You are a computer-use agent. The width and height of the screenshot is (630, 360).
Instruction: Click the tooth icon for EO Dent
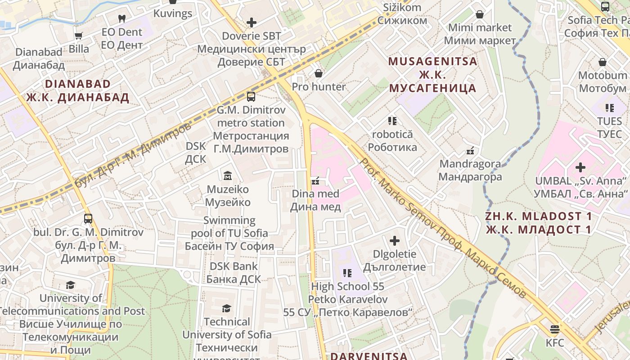tap(121, 18)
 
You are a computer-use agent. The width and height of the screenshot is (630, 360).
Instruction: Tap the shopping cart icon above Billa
tap(79, 36)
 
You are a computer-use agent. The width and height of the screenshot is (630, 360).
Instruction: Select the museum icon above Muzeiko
tap(228, 175)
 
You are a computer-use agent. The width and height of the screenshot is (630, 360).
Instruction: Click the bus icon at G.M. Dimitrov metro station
tap(251, 96)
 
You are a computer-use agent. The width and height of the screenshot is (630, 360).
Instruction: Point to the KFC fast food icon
tap(555, 329)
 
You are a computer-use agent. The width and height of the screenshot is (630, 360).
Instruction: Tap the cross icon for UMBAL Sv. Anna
tap(580, 167)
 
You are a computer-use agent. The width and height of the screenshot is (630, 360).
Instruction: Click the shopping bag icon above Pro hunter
tap(319, 73)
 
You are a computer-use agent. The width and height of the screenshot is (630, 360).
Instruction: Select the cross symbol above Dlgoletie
tap(395, 240)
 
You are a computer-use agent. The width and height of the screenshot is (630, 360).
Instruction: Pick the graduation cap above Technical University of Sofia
tap(227, 308)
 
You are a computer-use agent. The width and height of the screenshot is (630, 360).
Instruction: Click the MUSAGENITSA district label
tap(432, 61)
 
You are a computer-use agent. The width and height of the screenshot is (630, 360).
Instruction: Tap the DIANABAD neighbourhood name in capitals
tap(77, 84)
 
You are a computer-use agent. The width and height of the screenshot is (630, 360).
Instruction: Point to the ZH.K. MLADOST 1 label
tap(539, 216)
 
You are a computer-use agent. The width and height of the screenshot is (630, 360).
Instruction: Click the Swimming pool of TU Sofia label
tap(229, 227)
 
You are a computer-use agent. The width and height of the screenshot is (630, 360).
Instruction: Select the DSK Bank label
tap(234, 266)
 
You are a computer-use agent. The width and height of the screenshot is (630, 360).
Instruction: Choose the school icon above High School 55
tap(347, 273)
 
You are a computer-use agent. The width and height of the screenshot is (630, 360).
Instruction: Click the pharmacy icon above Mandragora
tap(471, 150)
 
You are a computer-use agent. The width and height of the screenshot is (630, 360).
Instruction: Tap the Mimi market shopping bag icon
tap(480, 14)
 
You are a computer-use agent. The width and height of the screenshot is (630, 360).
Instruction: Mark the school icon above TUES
tap(610, 108)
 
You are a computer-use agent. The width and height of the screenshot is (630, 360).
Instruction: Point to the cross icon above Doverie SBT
tap(252, 22)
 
